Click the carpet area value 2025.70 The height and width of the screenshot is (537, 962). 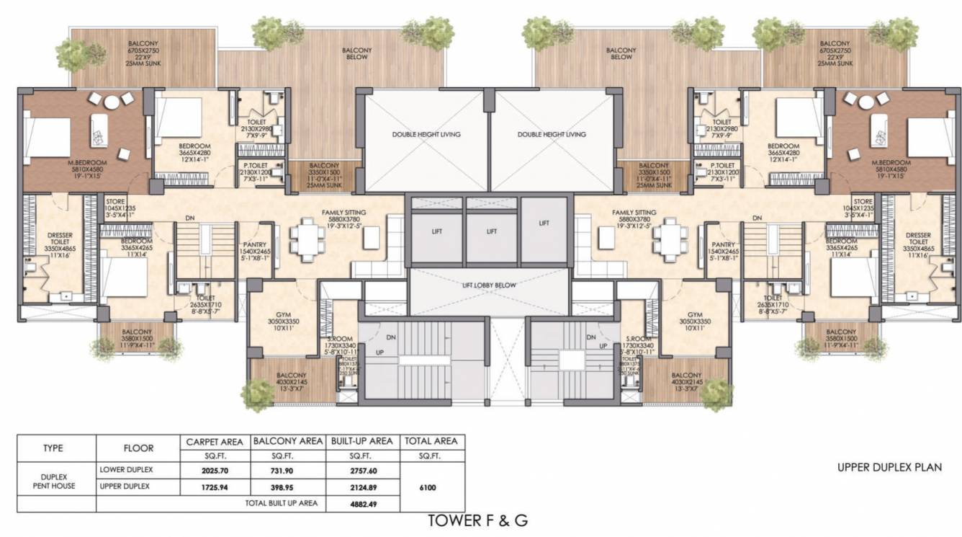[x=210, y=471]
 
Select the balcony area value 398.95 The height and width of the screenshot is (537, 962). [x=286, y=487]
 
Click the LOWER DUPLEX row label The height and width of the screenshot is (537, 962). [x=127, y=471]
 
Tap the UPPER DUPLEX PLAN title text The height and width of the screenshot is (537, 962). [x=889, y=468]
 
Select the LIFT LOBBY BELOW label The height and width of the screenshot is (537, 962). [x=490, y=285]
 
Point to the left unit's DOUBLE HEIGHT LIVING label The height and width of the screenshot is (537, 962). [x=426, y=134]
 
